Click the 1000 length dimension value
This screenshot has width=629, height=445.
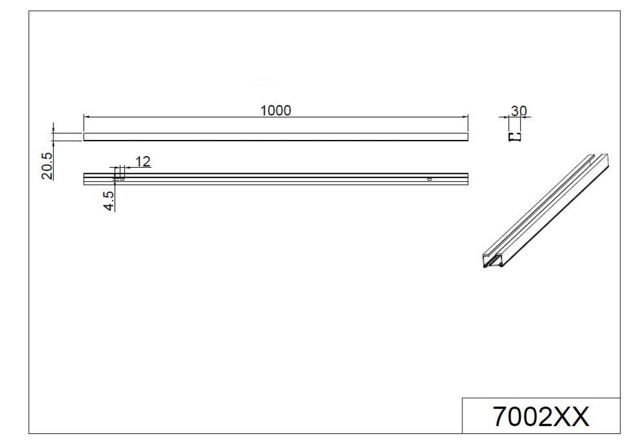click(x=275, y=111)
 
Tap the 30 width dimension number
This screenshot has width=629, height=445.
click(x=518, y=111)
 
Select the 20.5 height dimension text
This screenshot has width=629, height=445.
click(x=47, y=166)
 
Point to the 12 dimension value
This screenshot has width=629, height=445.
click(x=142, y=162)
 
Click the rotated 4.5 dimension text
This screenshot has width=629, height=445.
click(x=109, y=201)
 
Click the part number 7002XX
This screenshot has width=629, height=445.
click(x=541, y=416)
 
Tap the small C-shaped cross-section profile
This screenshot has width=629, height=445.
click(x=515, y=136)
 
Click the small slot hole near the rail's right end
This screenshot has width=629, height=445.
click(x=429, y=179)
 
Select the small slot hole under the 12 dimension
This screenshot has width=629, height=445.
click(x=122, y=178)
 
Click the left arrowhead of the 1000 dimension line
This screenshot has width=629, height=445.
click(x=86, y=117)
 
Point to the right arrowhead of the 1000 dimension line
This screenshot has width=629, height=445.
click(x=465, y=117)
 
